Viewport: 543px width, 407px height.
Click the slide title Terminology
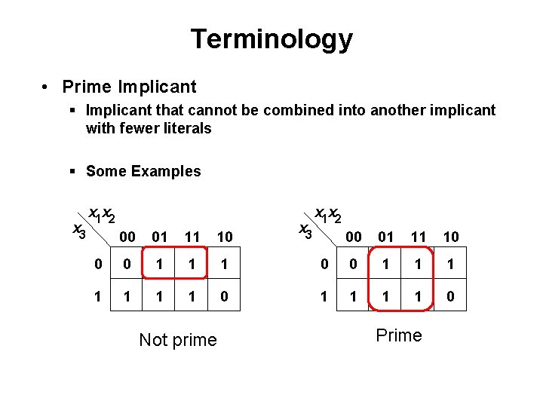[271, 39]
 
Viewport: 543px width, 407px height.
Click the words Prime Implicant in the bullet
[129, 87]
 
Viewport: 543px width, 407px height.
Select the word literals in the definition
[187, 128]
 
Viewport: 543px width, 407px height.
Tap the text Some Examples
[143, 171]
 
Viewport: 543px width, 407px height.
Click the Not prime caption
[178, 340]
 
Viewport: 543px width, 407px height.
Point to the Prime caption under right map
[398, 335]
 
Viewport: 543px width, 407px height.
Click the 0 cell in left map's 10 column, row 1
[224, 297]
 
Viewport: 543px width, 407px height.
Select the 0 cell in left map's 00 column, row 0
[128, 265]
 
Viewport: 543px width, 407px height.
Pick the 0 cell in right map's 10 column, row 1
[450, 296]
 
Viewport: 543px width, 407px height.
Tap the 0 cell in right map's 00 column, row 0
[354, 265]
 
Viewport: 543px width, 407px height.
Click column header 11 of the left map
[192, 237]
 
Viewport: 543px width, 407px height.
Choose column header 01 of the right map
[386, 237]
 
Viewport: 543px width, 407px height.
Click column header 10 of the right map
[450, 237]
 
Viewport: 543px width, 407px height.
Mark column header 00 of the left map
[128, 237]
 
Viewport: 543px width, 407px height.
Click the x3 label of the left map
[78, 231]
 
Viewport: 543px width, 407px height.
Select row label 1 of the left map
[97, 297]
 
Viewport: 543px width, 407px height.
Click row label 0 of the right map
[324, 265]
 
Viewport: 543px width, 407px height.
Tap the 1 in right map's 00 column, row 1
[354, 296]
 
